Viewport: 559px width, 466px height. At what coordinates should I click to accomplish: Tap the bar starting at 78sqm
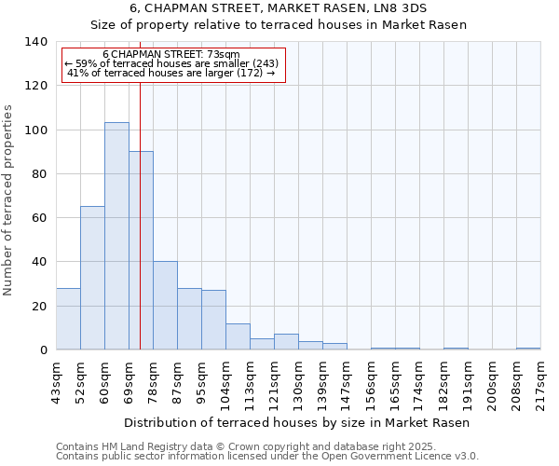click(165, 306)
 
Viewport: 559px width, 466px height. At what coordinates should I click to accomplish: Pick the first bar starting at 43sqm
click(68, 319)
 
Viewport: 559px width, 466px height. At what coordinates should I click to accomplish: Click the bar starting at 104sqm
click(238, 336)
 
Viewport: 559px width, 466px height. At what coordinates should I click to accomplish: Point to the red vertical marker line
click(140, 214)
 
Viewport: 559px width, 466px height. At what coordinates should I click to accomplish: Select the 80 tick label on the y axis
click(39, 174)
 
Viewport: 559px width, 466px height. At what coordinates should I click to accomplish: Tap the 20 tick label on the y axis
click(39, 307)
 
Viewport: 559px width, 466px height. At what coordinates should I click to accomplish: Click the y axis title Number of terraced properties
click(9, 199)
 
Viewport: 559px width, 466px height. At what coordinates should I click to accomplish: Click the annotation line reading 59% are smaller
click(171, 63)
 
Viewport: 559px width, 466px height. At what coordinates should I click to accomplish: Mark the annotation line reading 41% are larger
click(171, 73)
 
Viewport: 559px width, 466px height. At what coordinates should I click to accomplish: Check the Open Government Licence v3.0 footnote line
click(266, 457)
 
